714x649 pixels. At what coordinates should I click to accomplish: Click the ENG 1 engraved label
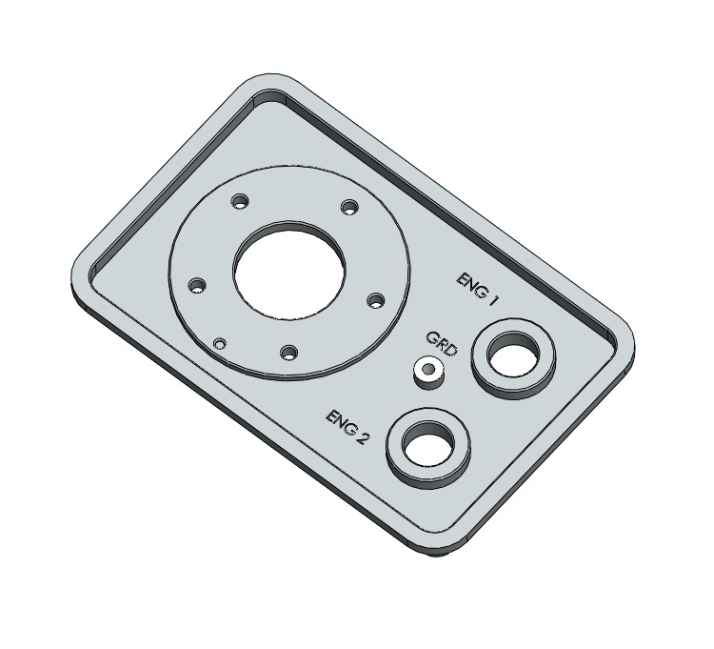tap(478, 286)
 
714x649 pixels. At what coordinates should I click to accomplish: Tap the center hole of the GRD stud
tap(429, 368)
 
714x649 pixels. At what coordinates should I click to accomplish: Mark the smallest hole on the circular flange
tap(220, 343)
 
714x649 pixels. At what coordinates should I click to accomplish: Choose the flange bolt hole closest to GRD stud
tap(375, 299)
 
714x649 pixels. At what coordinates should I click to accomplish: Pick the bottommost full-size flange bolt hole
tap(287, 353)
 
